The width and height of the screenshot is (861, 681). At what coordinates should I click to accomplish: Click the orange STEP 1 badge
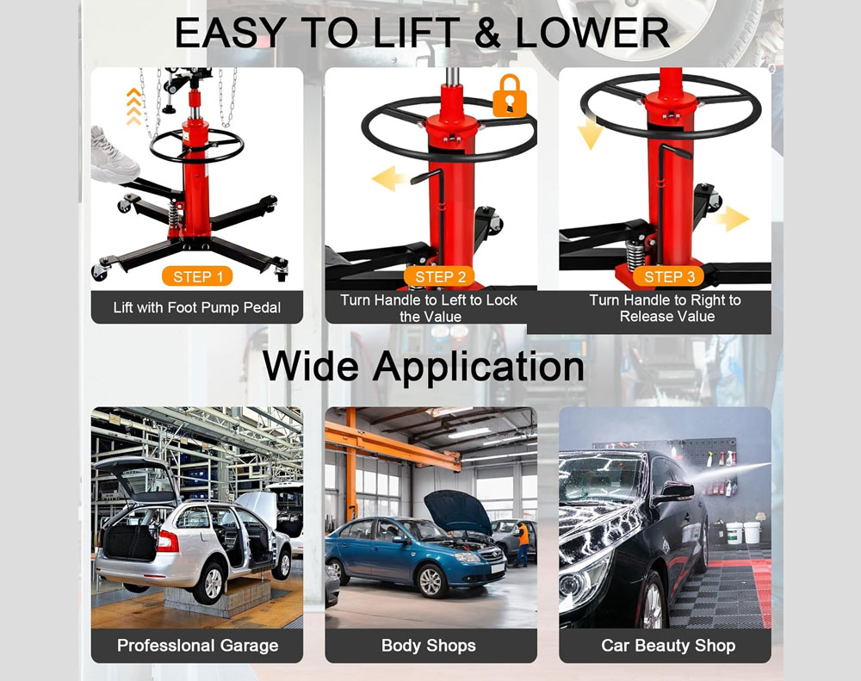[x=197, y=276]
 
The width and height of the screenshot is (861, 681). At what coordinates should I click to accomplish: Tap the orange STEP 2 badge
[x=440, y=276]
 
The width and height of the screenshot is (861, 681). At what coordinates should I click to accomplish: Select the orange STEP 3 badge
[x=669, y=276]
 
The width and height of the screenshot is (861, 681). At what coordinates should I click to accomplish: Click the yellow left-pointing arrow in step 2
[x=392, y=180]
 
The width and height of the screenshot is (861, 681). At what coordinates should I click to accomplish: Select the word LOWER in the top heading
[x=592, y=33]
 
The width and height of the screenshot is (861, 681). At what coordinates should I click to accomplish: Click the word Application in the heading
[x=478, y=366]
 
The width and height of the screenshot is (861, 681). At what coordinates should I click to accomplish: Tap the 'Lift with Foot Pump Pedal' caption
[x=197, y=307]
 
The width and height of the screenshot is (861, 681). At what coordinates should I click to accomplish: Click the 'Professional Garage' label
[x=197, y=645]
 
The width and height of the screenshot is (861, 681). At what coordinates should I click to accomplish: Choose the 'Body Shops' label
[x=429, y=645]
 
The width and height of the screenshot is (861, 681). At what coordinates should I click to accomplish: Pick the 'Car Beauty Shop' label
[x=668, y=645]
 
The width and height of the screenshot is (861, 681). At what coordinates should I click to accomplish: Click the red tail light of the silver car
[x=166, y=540]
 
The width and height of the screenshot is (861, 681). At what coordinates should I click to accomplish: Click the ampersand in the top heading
[x=487, y=33]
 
